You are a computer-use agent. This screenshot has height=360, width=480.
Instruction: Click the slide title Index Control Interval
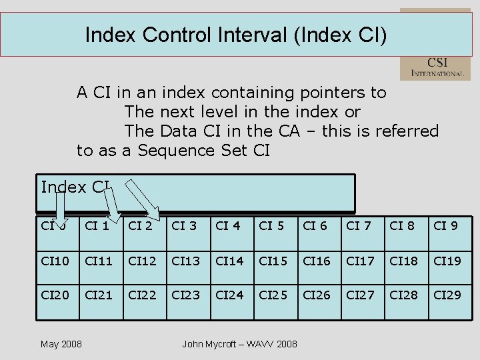(235, 34)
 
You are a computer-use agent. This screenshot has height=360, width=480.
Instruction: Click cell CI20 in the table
(55, 294)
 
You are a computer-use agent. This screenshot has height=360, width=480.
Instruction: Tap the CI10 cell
(55, 261)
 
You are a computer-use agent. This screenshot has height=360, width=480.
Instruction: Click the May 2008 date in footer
(61, 344)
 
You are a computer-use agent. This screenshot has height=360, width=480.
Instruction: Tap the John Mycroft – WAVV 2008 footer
(239, 344)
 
